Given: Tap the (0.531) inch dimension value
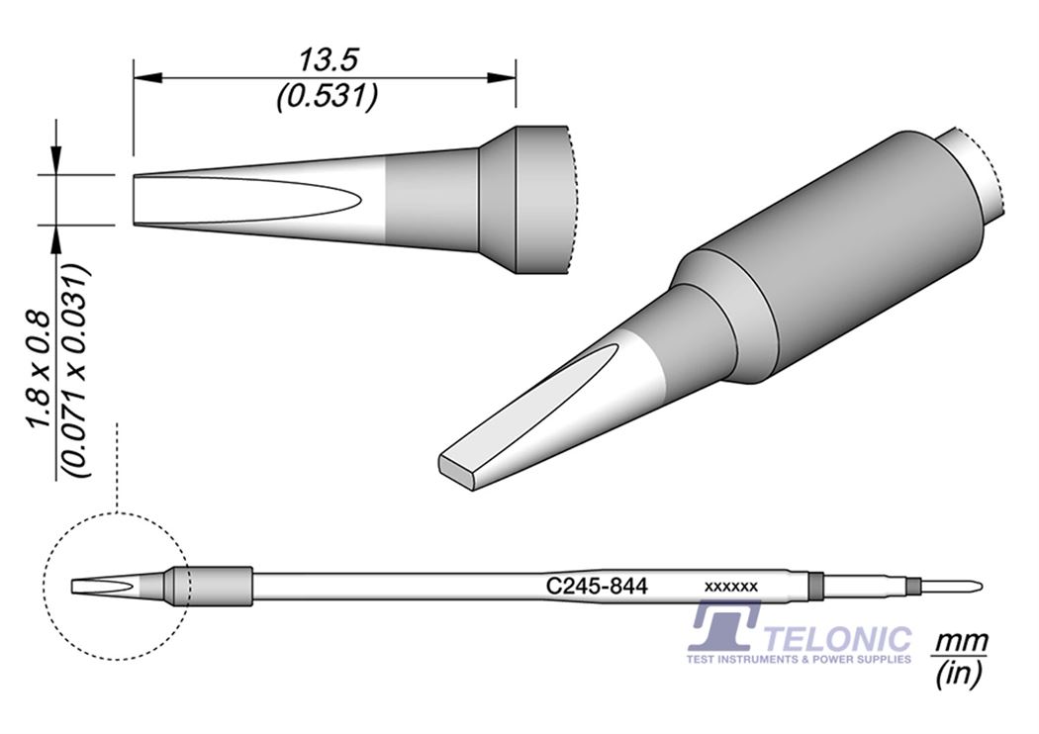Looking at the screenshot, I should pos(328,97).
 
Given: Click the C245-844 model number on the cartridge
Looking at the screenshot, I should pos(597,587).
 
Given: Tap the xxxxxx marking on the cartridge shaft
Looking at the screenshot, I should pos(730,587).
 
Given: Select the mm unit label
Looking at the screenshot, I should pos(960,642).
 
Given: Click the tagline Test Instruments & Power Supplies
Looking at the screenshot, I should pos(799,659).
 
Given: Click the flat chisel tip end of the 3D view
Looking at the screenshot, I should pos(458,471).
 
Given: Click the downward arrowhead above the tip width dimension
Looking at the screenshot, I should pos(56,163).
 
